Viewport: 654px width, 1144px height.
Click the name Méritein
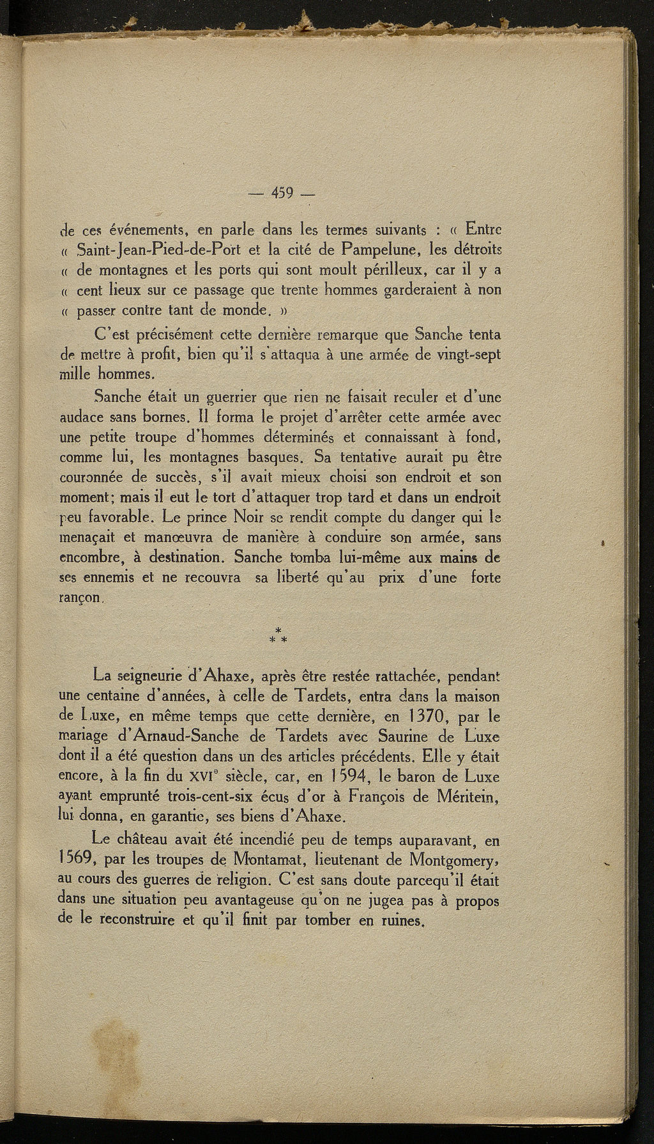[x=464, y=796]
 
